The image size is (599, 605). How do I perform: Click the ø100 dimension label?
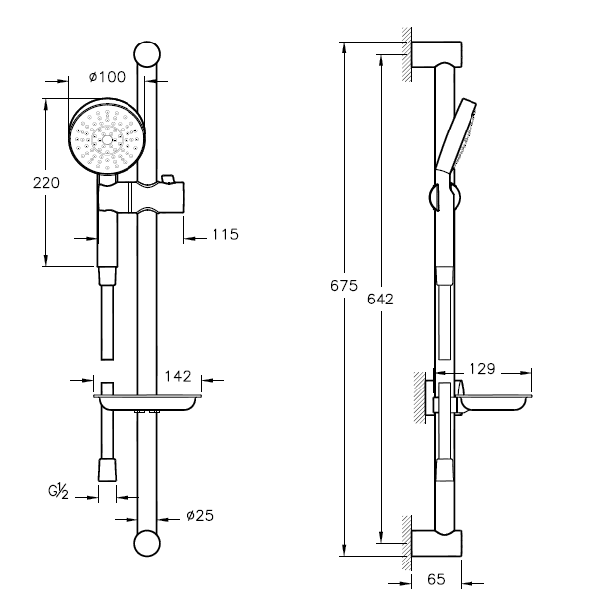[x=105, y=76]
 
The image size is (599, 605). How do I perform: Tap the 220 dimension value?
[x=47, y=182]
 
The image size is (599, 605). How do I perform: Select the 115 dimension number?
[x=225, y=235]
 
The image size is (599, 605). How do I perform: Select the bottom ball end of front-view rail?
[x=147, y=544]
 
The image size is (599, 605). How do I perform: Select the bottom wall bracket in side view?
[x=437, y=543]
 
